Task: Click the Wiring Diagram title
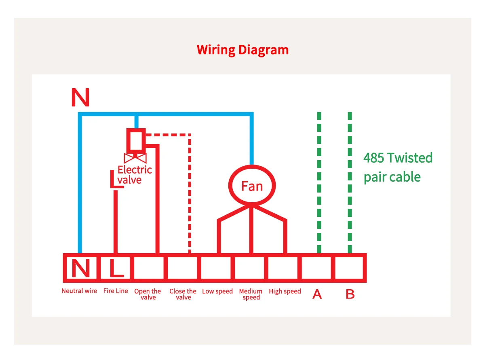click(242, 50)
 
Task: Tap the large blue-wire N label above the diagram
click(80, 97)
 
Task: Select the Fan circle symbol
click(252, 186)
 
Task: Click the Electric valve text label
click(135, 175)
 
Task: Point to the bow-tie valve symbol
click(135, 158)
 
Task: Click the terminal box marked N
click(80, 268)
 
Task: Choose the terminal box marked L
click(116, 268)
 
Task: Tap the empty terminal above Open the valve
click(149, 268)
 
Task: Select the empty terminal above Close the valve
click(183, 268)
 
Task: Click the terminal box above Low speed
click(217, 268)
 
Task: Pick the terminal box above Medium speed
click(250, 268)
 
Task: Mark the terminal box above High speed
click(284, 268)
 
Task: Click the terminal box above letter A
click(317, 268)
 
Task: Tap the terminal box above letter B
click(350, 268)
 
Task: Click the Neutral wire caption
click(79, 291)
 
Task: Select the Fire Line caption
click(116, 291)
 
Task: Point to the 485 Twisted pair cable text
click(398, 167)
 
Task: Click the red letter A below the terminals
click(317, 295)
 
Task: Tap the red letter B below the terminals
click(350, 295)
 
